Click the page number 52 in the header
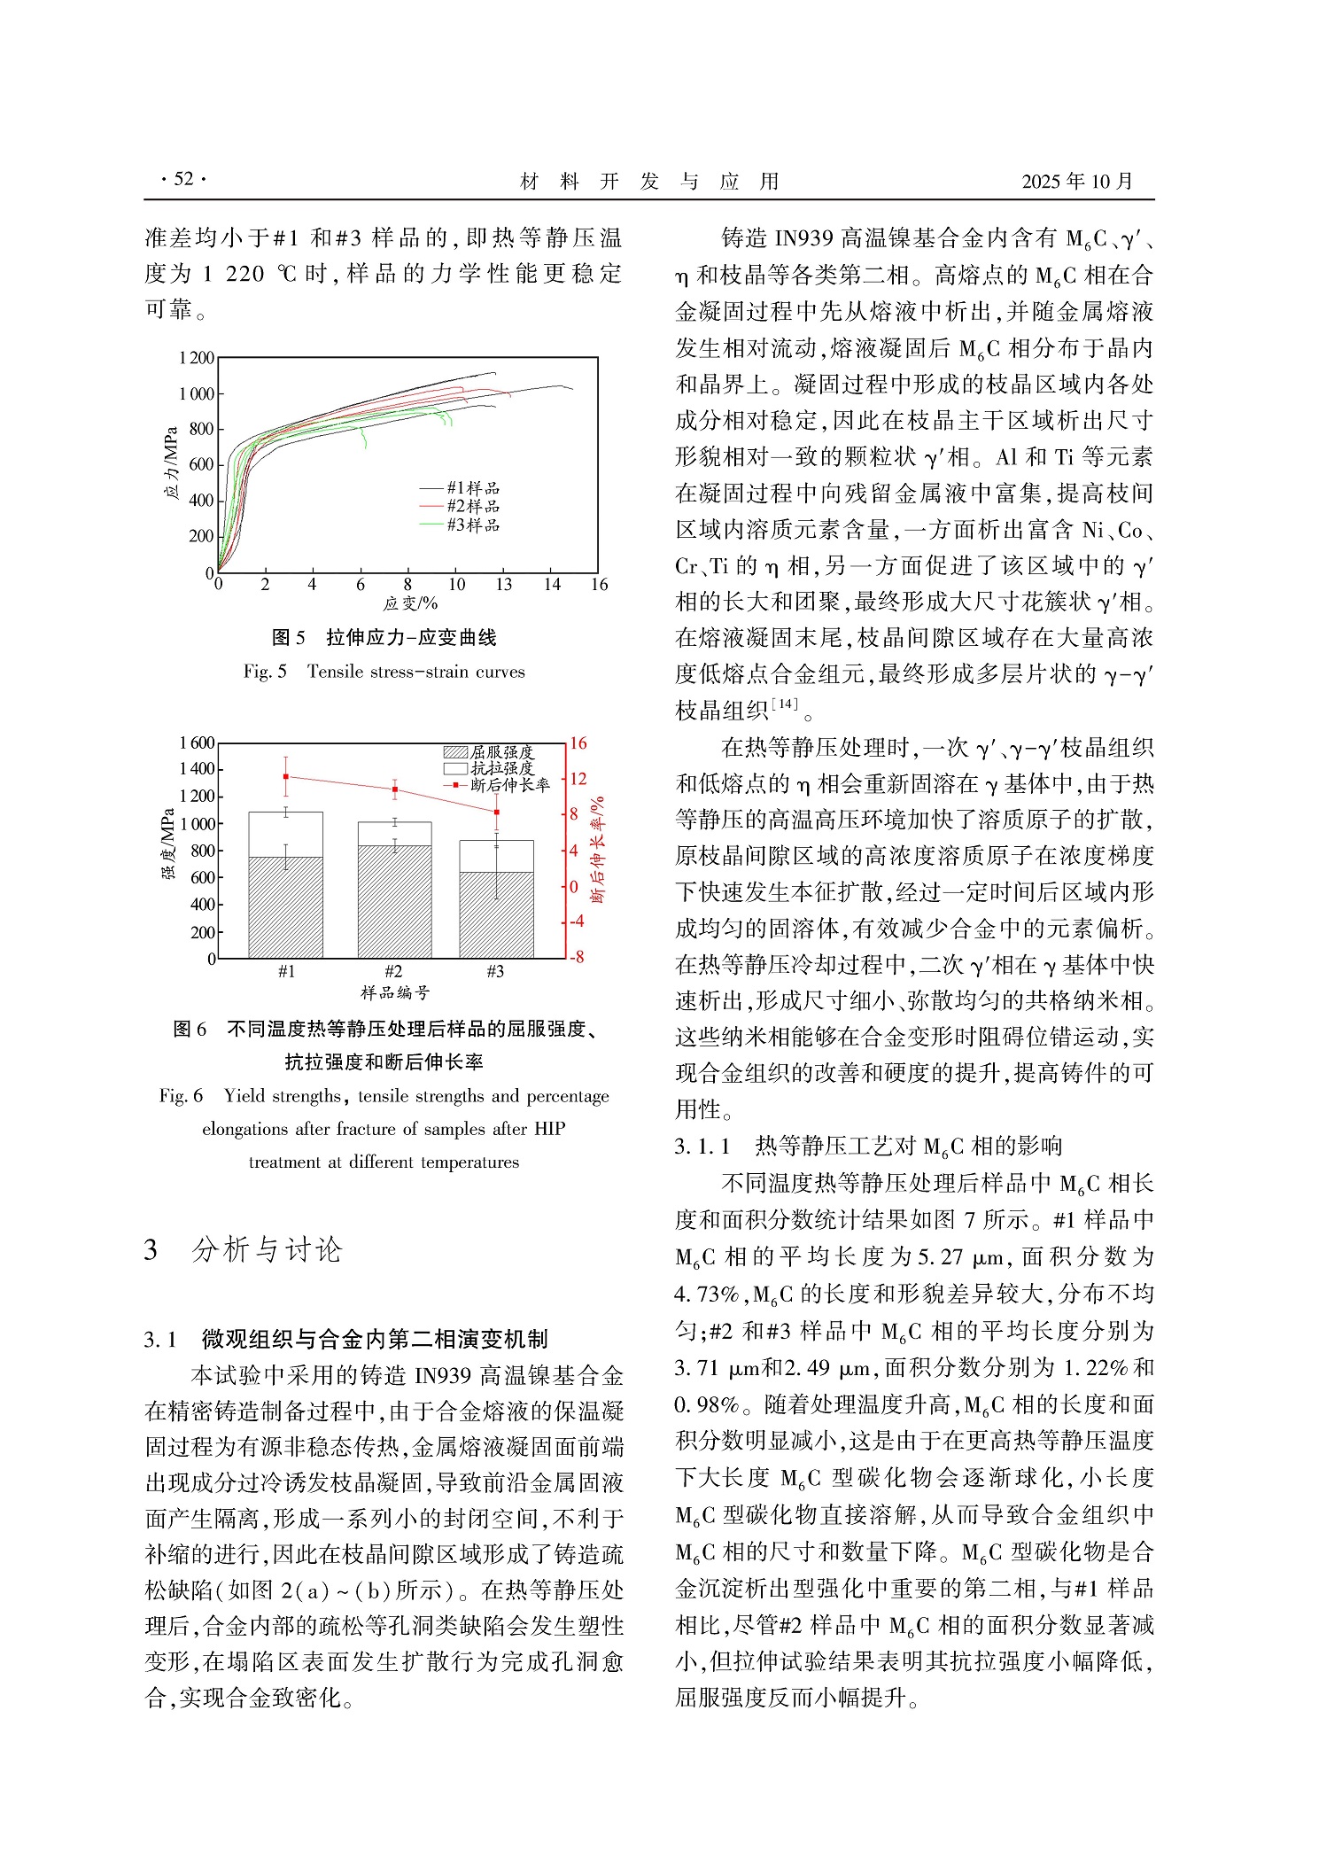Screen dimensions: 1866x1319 pyautogui.click(x=183, y=179)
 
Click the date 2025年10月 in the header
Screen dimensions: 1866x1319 pyautogui.click(x=1076, y=182)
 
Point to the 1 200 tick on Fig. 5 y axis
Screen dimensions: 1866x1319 pyautogui.click(x=196, y=358)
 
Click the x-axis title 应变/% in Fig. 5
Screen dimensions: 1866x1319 pyautogui.click(x=410, y=603)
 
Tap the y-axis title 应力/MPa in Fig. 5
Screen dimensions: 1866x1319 pyautogui.click(x=172, y=463)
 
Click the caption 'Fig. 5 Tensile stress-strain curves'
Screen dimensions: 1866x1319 pyautogui.click(x=384, y=672)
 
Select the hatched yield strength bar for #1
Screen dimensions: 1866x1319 pyautogui.click(x=285, y=907)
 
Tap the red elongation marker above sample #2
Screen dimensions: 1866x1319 pyautogui.click(x=394, y=789)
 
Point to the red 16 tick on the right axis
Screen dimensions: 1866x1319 pyautogui.click(x=578, y=743)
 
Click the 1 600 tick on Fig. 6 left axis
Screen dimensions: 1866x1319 pyautogui.click(x=196, y=743)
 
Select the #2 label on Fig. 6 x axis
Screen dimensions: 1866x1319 pyautogui.click(x=393, y=971)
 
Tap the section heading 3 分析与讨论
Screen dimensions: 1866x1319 pyautogui.click(x=243, y=1249)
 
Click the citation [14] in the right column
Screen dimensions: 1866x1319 pyautogui.click(x=784, y=704)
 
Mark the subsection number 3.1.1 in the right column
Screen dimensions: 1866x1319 pyautogui.click(x=702, y=1147)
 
